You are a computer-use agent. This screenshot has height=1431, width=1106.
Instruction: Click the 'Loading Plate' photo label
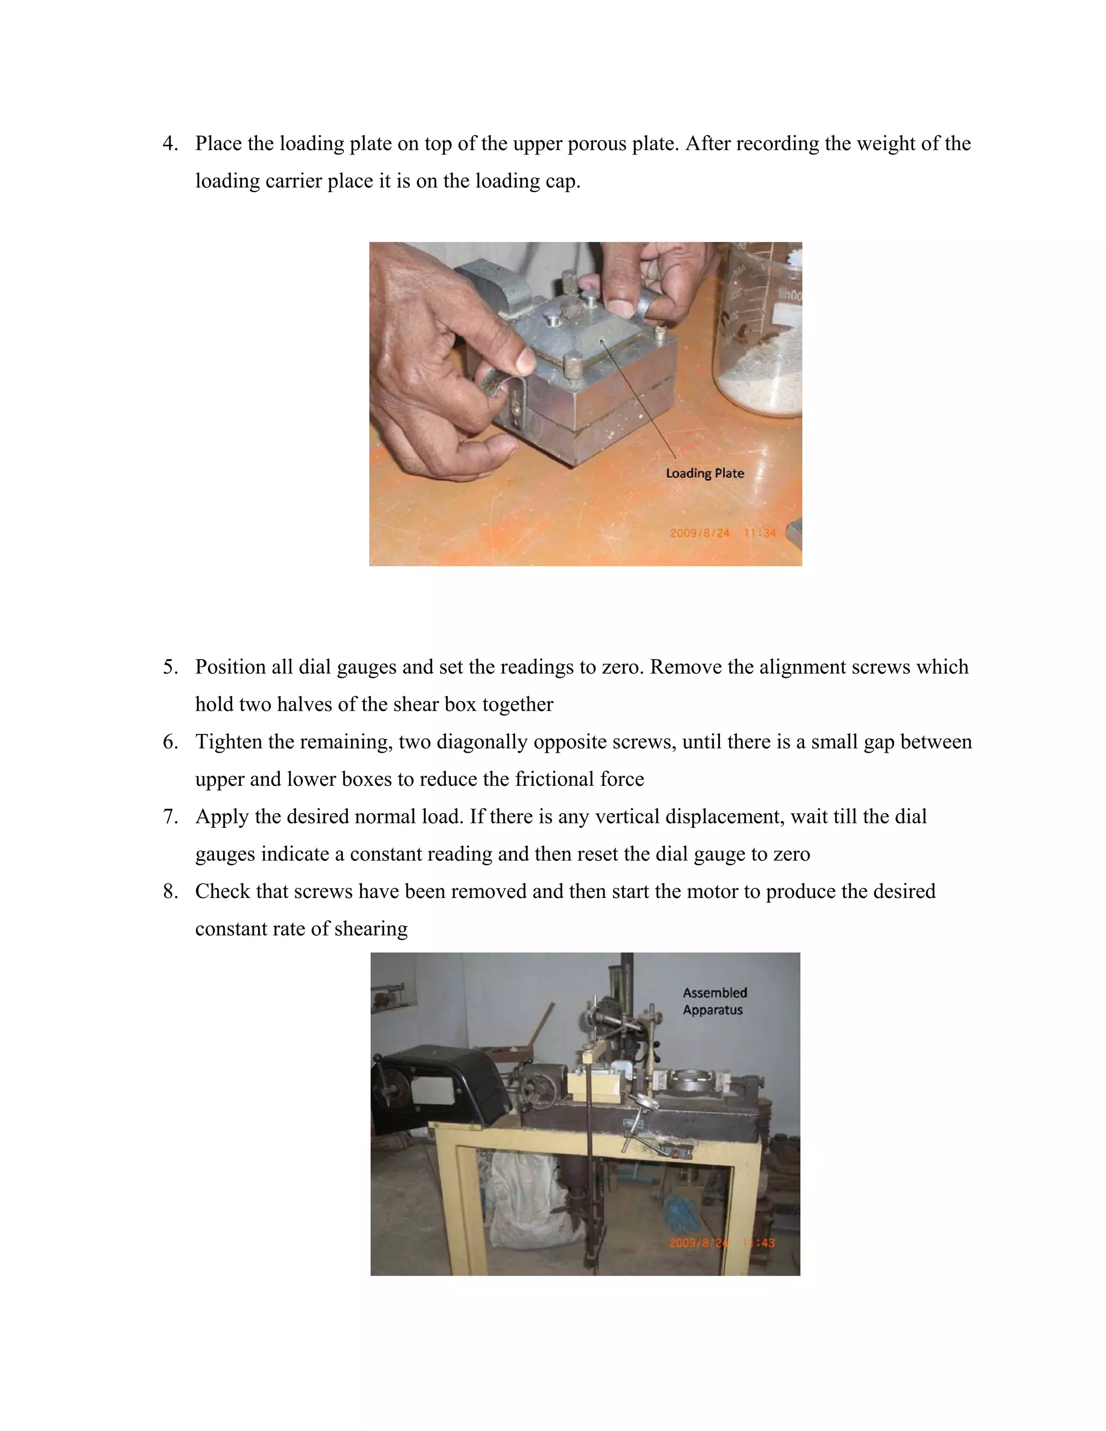(x=704, y=473)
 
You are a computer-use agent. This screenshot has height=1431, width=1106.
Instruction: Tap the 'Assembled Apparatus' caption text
(x=714, y=1001)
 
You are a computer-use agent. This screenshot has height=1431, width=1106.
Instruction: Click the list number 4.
(x=170, y=144)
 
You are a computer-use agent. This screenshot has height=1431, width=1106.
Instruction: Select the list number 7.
(x=170, y=816)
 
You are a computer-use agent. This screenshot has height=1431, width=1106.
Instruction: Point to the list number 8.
(x=170, y=891)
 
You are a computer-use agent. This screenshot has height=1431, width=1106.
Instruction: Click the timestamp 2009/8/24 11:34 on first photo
(x=722, y=532)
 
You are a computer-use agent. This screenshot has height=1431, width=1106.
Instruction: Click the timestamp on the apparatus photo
(x=721, y=1243)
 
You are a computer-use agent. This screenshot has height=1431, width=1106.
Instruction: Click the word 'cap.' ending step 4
(x=563, y=181)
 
